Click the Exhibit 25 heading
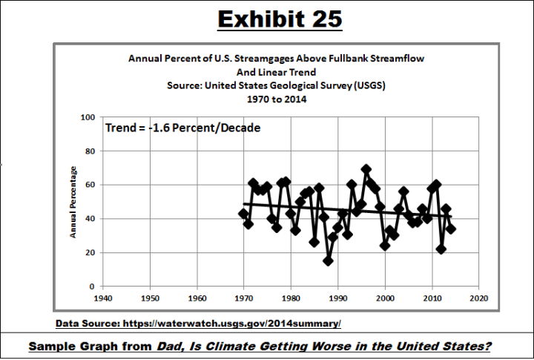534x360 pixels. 279,19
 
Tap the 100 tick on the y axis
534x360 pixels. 88,117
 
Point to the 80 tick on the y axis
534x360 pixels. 89,151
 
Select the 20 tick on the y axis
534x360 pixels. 89,253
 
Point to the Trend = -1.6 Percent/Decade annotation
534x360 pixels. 182,128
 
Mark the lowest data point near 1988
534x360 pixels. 328,261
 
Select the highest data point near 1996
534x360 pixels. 366,170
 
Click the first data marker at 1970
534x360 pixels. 243,214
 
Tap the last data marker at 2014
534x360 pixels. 450,229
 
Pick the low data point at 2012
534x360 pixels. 441,249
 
